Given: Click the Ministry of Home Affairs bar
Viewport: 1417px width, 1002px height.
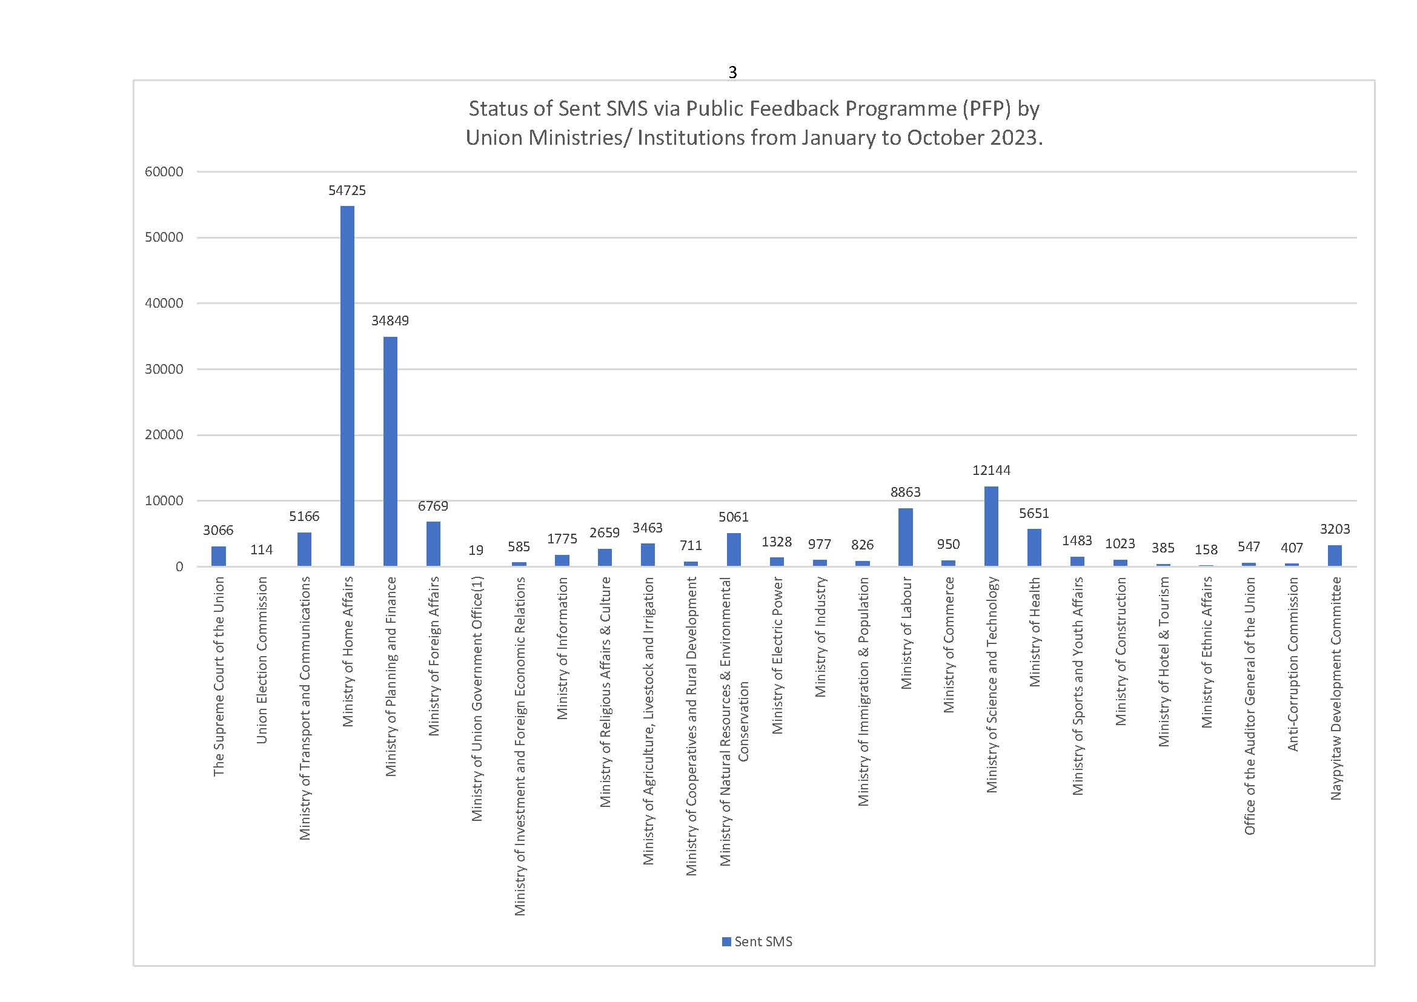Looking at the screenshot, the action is (x=348, y=386).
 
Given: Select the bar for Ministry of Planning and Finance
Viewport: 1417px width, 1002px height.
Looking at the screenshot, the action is (x=390, y=451).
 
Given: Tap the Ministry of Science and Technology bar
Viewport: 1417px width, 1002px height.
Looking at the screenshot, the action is (x=991, y=526).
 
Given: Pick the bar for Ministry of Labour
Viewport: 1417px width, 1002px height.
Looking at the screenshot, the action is (x=905, y=537).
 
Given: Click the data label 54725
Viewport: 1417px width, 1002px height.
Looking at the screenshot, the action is (x=347, y=191).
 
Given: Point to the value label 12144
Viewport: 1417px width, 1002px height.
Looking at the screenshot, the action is (x=991, y=470).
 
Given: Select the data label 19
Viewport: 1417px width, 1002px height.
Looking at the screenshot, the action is (x=476, y=549).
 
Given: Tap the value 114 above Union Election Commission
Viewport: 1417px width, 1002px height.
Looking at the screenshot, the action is (x=261, y=549).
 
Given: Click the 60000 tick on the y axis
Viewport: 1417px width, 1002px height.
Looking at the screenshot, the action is (x=164, y=171).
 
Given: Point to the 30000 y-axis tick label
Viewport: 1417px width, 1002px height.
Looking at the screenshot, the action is (x=164, y=369).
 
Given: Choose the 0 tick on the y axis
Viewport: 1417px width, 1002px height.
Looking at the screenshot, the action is (x=179, y=566).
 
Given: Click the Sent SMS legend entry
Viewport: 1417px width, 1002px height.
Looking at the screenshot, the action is (x=757, y=941).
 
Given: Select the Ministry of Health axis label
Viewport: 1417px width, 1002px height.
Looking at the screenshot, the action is (x=1034, y=632).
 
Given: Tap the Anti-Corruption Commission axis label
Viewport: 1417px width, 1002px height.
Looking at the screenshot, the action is (x=1292, y=664).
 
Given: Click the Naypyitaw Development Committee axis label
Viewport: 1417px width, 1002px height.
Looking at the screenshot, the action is (x=1336, y=689).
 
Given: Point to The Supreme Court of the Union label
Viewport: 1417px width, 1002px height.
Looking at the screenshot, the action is (x=219, y=676).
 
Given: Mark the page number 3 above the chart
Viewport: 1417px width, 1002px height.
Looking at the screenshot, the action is (x=732, y=72).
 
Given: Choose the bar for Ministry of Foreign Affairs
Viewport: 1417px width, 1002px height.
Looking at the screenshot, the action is (x=433, y=543).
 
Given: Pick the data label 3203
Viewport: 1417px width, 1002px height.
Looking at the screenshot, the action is (x=1335, y=529).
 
